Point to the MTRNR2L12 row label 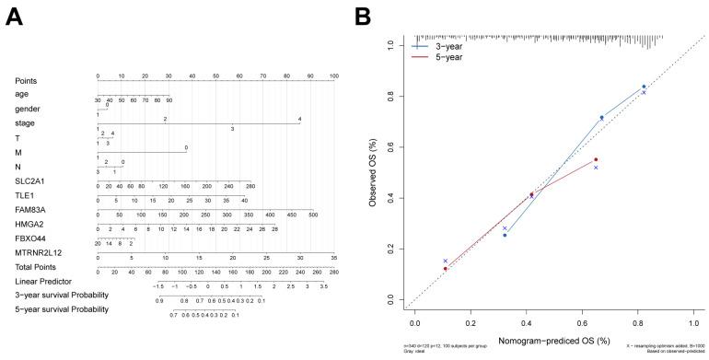36,254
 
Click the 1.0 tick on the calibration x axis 692,325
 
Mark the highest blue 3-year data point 644,87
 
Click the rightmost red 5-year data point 596,159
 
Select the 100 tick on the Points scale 332,76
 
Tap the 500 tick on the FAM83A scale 312,215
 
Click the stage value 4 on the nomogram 299,119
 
